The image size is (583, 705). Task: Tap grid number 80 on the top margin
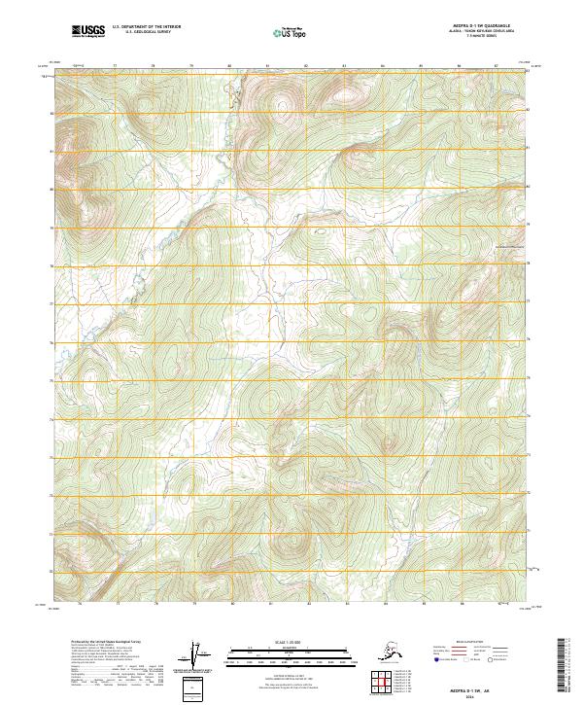point(229,67)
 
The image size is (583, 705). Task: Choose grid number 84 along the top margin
point(382,67)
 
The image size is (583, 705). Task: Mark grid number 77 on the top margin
point(116,67)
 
